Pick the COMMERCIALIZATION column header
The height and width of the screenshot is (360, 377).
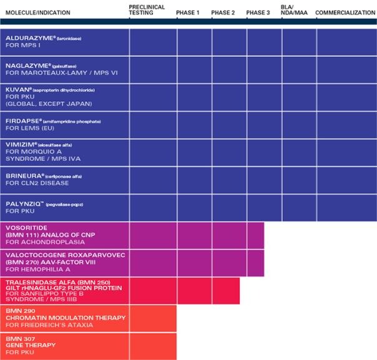(x=345, y=12)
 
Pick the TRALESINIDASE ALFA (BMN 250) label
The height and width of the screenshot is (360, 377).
(x=51, y=282)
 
